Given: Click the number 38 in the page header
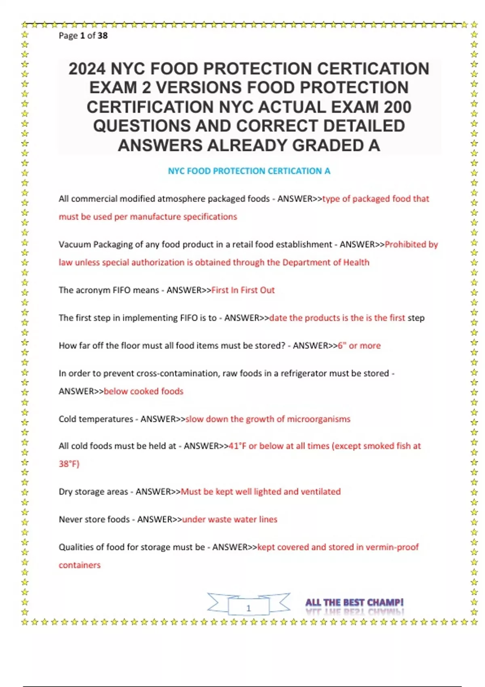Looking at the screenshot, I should (x=103, y=36).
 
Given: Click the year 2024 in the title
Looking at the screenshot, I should (x=87, y=69).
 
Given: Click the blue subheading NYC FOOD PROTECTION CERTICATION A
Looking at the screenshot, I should (x=249, y=171).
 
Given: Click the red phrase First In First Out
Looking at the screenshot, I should (x=243, y=290).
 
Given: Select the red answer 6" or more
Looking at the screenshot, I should (x=359, y=346).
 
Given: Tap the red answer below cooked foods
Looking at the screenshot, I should (x=143, y=391).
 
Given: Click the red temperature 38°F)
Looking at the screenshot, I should (x=69, y=464).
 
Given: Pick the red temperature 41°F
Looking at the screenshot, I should (x=237, y=446).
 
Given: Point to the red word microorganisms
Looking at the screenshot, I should (x=318, y=419).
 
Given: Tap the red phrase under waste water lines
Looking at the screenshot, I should (x=230, y=519).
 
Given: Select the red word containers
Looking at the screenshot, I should (x=80, y=565).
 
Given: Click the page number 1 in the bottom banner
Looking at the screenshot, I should (x=249, y=608).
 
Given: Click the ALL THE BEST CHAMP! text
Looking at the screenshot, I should (x=354, y=603).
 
